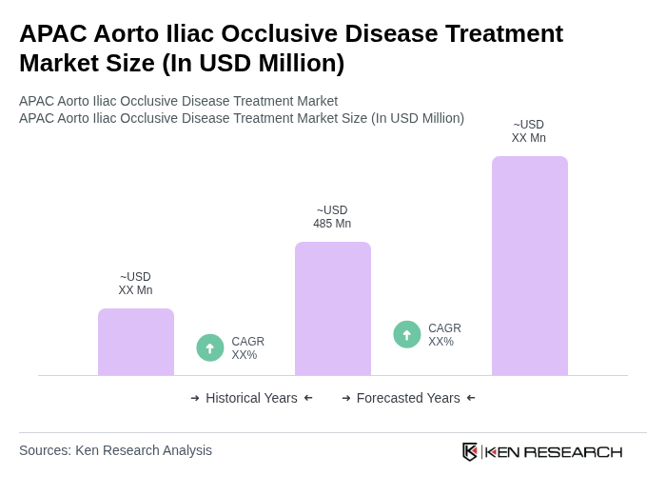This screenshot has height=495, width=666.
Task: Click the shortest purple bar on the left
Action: [136, 342]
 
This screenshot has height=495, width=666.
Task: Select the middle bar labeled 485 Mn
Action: [333, 308]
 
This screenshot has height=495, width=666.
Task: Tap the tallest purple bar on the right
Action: [530, 266]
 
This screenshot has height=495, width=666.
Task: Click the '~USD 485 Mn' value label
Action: [332, 217]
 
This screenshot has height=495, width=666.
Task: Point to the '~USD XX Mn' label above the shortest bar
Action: [135, 284]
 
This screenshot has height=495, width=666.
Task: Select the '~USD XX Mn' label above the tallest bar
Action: [529, 131]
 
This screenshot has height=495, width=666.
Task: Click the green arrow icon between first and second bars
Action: [210, 347]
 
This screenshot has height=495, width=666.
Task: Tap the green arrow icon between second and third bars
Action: [407, 334]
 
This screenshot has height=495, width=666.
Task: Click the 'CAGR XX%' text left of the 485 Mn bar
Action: [247, 348]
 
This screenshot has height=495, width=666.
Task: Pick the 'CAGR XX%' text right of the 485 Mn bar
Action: [444, 335]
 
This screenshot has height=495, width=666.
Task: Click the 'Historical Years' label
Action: [251, 398]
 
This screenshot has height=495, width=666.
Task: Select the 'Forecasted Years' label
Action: [408, 398]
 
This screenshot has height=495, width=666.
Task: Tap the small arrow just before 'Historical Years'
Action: [195, 398]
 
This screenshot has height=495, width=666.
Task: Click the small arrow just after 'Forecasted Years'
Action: [471, 398]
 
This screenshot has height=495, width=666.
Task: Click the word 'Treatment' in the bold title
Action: [499, 33]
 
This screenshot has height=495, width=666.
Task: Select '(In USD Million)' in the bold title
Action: [253, 63]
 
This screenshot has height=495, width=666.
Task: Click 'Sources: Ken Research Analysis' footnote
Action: [115, 450]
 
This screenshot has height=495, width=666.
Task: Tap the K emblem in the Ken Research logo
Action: [470, 451]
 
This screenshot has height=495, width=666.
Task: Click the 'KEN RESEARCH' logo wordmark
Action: [554, 451]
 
